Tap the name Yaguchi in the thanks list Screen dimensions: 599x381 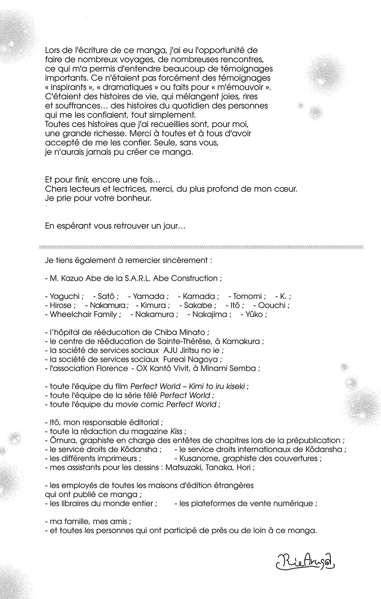point(65,296)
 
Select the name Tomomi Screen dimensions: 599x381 point(247,296)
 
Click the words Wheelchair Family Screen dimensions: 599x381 point(84,314)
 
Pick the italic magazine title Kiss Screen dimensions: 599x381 point(177,431)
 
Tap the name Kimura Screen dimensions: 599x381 point(153,306)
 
